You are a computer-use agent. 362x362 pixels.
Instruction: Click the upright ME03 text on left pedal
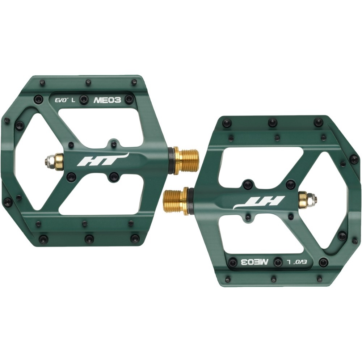pyautogui.click(x=107, y=100)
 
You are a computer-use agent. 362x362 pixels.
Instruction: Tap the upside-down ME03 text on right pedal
pyautogui.click(x=255, y=262)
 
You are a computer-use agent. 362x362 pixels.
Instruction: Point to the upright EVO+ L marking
pyautogui.click(x=65, y=100)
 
